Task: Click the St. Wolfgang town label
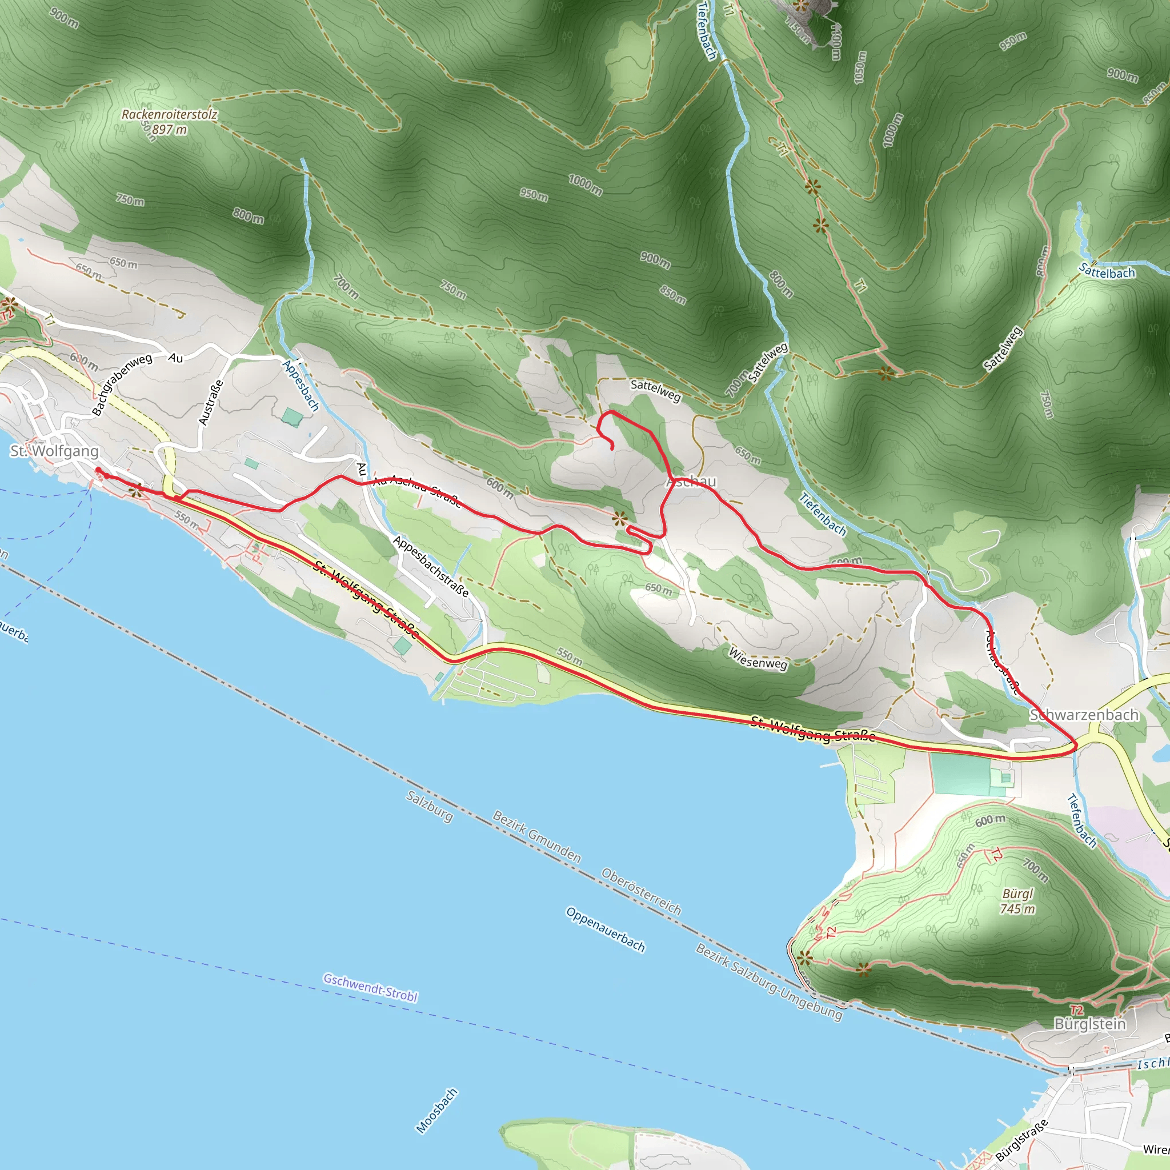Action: (x=54, y=451)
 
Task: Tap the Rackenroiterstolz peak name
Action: (x=169, y=114)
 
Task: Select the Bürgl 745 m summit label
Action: (x=1017, y=901)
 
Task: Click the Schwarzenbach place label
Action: (x=1084, y=715)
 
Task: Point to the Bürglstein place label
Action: (x=1089, y=1024)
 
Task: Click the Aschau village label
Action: (x=691, y=482)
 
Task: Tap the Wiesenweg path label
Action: (x=758, y=659)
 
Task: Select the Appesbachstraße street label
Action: (x=431, y=567)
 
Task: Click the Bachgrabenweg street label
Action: (x=122, y=384)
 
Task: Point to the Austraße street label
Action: (x=211, y=402)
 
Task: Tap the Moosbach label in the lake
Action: (x=436, y=1111)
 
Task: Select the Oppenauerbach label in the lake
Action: (x=606, y=929)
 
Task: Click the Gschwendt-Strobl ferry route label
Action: (x=370, y=987)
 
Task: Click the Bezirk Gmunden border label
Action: (x=536, y=837)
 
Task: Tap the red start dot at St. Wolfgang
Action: (x=98, y=470)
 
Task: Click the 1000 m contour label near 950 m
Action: (x=585, y=184)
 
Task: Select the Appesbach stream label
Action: (x=301, y=386)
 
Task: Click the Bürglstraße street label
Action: (x=1021, y=1140)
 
